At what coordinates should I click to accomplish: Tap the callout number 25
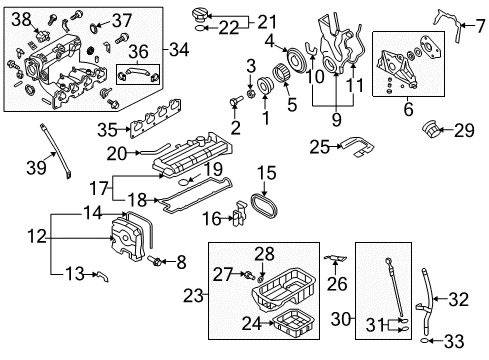point(319,146)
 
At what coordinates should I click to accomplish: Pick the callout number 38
point(22,17)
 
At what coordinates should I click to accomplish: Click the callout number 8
point(180,262)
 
